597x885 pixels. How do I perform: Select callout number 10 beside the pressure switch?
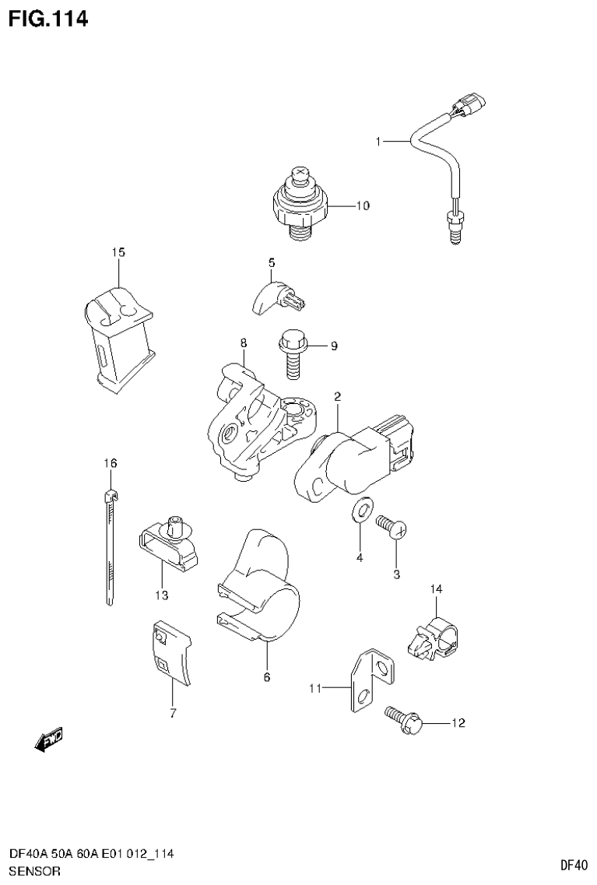pos(362,206)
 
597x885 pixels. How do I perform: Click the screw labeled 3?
pos(392,528)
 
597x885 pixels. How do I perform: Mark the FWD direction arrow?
pos(48,740)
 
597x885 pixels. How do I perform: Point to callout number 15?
pos(118,252)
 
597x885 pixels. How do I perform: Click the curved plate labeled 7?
pos(171,652)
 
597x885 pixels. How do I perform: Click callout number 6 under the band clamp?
pos(266,677)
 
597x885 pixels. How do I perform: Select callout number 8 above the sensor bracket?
pos(243,342)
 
